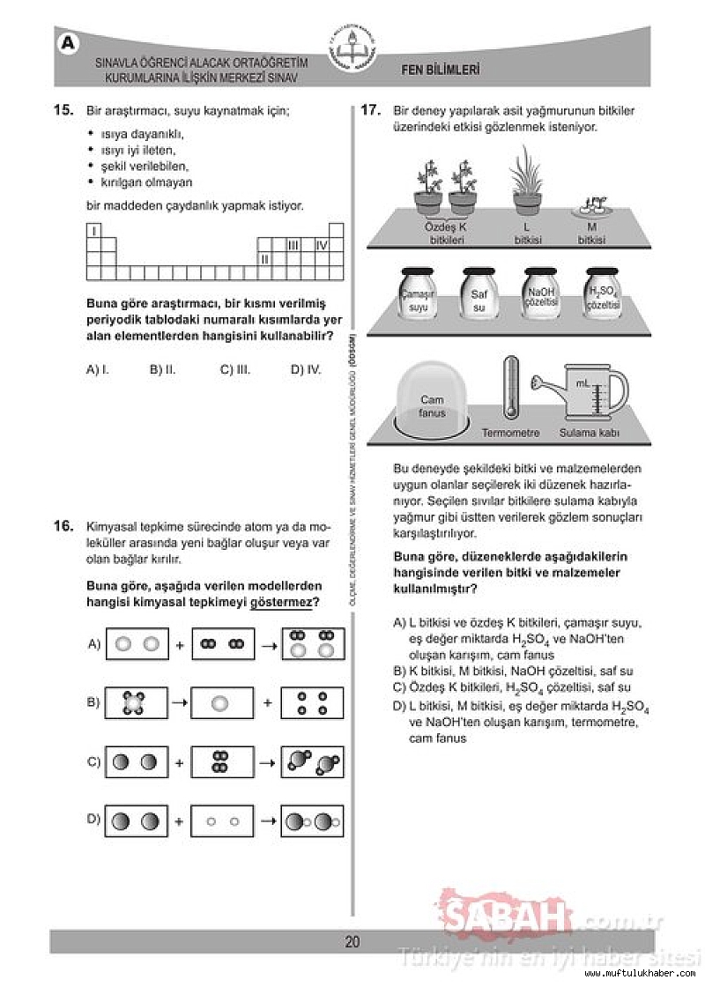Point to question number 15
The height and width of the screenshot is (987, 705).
(x=63, y=111)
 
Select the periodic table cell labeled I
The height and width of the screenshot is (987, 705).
(x=93, y=231)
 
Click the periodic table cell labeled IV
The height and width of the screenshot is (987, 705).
(x=322, y=245)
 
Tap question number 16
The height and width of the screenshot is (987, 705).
(x=63, y=526)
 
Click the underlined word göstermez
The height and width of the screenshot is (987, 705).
(x=285, y=603)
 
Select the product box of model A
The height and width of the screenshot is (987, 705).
(x=313, y=644)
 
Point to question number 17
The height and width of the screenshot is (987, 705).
(x=370, y=111)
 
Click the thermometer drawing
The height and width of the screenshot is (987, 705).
(x=509, y=388)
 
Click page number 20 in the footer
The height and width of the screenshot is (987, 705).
(x=352, y=942)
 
